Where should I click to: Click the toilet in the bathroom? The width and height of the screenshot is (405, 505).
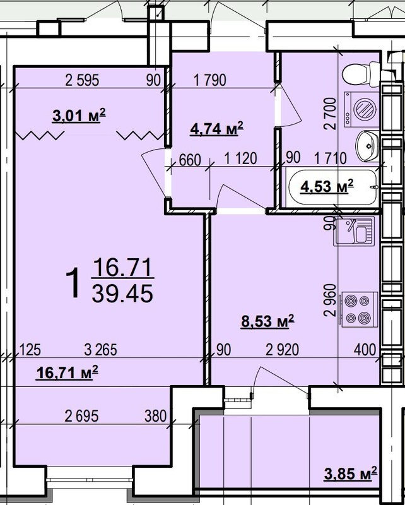point(361,74)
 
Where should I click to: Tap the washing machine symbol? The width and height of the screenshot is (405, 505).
point(361,109)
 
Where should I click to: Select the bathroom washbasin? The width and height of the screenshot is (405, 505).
point(367,146)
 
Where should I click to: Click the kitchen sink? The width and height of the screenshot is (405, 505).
point(354,231)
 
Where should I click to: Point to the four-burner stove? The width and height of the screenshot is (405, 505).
point(358,309)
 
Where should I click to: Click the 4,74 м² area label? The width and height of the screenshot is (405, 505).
point(216,129)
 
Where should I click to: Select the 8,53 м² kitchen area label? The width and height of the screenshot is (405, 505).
point(267,321)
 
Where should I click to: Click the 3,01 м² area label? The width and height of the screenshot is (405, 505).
point(79,116)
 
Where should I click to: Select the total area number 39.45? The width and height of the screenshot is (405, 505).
point(122,294)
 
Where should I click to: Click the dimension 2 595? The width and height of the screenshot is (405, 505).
point(82,80)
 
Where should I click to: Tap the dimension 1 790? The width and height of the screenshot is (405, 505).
point(210,80)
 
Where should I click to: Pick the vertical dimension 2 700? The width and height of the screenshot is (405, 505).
point(331,114)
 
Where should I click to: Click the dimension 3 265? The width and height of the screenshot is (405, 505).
point(101,350)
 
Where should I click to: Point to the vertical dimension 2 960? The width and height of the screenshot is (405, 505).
point(331,300)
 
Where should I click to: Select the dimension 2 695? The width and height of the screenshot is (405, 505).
point(81,417)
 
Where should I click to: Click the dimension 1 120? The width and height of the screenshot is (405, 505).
point(240,158)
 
